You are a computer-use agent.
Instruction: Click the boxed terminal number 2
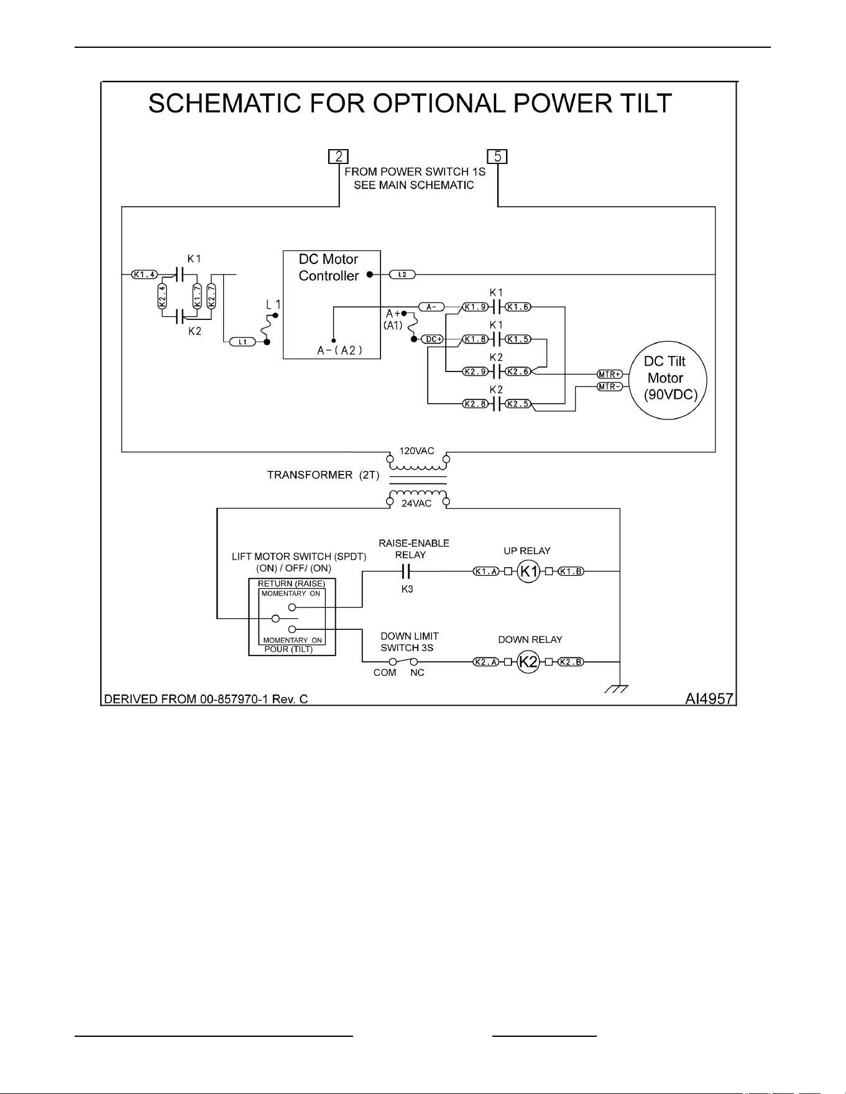click(338, 157)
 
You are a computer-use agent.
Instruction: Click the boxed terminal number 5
click(497, 157)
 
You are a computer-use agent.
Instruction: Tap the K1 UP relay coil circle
click(528, 572)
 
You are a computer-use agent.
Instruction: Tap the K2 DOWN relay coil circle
click(528, 662)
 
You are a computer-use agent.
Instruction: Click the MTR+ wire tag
click(610, 374)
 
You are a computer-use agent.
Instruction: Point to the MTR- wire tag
click(610, 386)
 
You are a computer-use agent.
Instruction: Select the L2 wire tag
click(402, 274)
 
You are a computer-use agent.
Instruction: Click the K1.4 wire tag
click(145, 274)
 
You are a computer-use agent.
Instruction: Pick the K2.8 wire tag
click(475, 404)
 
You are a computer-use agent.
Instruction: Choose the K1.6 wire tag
click(518, 306)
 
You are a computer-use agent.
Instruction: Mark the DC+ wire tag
click(433, 339)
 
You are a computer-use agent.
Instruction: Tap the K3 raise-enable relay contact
click(407, 572)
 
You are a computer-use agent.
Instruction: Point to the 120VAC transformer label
click(416, 451)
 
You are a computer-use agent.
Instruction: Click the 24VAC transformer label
click(416, 503)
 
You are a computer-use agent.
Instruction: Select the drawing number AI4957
click(709, 699)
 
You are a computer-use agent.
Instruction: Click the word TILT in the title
click(643, 104)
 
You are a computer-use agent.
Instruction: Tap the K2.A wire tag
click(486, 662)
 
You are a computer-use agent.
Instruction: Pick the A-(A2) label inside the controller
click(339, 351)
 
